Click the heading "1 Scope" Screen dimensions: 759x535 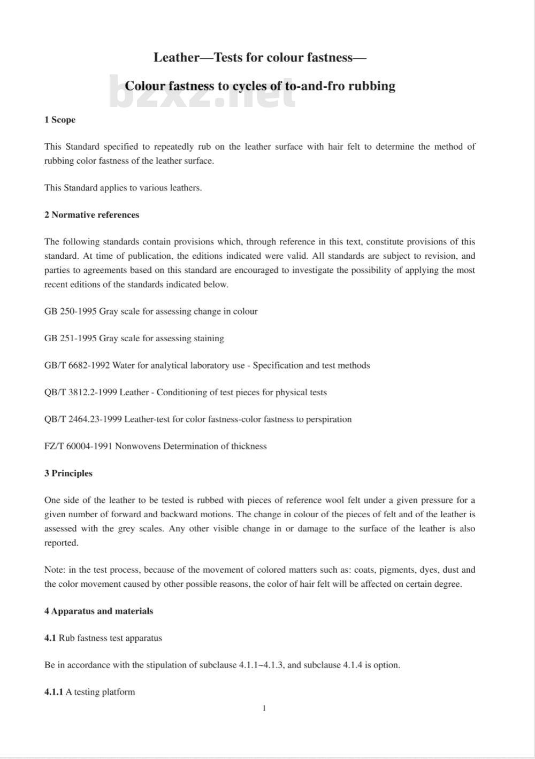coord(60,120)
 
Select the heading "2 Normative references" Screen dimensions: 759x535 coord(91,215)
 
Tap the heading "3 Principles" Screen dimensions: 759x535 coord(68,473)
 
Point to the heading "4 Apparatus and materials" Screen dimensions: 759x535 coord(98,611)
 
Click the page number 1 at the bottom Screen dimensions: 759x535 coord(264,709)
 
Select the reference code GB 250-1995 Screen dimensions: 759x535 coord(70,311)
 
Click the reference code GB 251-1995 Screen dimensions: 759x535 coord(70,339)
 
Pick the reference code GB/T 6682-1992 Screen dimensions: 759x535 coord(77,366)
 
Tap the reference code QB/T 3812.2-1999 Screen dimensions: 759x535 coord(81,393)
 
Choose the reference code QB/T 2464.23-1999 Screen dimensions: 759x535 coord(83,419)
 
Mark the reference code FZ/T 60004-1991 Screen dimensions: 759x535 coord(78,447)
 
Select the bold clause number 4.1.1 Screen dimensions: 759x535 coord(53,692)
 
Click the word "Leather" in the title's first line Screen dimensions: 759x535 coord(176,58)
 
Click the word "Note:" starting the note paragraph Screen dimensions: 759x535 coord(55,570)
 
